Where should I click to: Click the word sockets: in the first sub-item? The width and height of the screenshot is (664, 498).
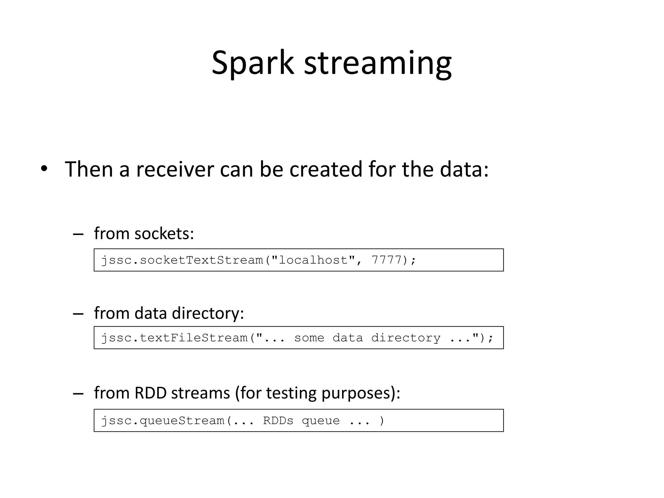(164, 233)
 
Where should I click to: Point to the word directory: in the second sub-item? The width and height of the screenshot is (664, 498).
(207, 313)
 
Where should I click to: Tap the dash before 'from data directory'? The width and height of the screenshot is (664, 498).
(78, 314)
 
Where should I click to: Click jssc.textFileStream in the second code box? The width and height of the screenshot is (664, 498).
(174, 338)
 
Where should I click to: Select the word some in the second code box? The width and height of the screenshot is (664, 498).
(309, 338)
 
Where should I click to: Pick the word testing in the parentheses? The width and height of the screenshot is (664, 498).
(291, 393)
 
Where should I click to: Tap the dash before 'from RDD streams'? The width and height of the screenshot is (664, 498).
(78, 394)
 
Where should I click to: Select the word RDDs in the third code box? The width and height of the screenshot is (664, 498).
(278, 421)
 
